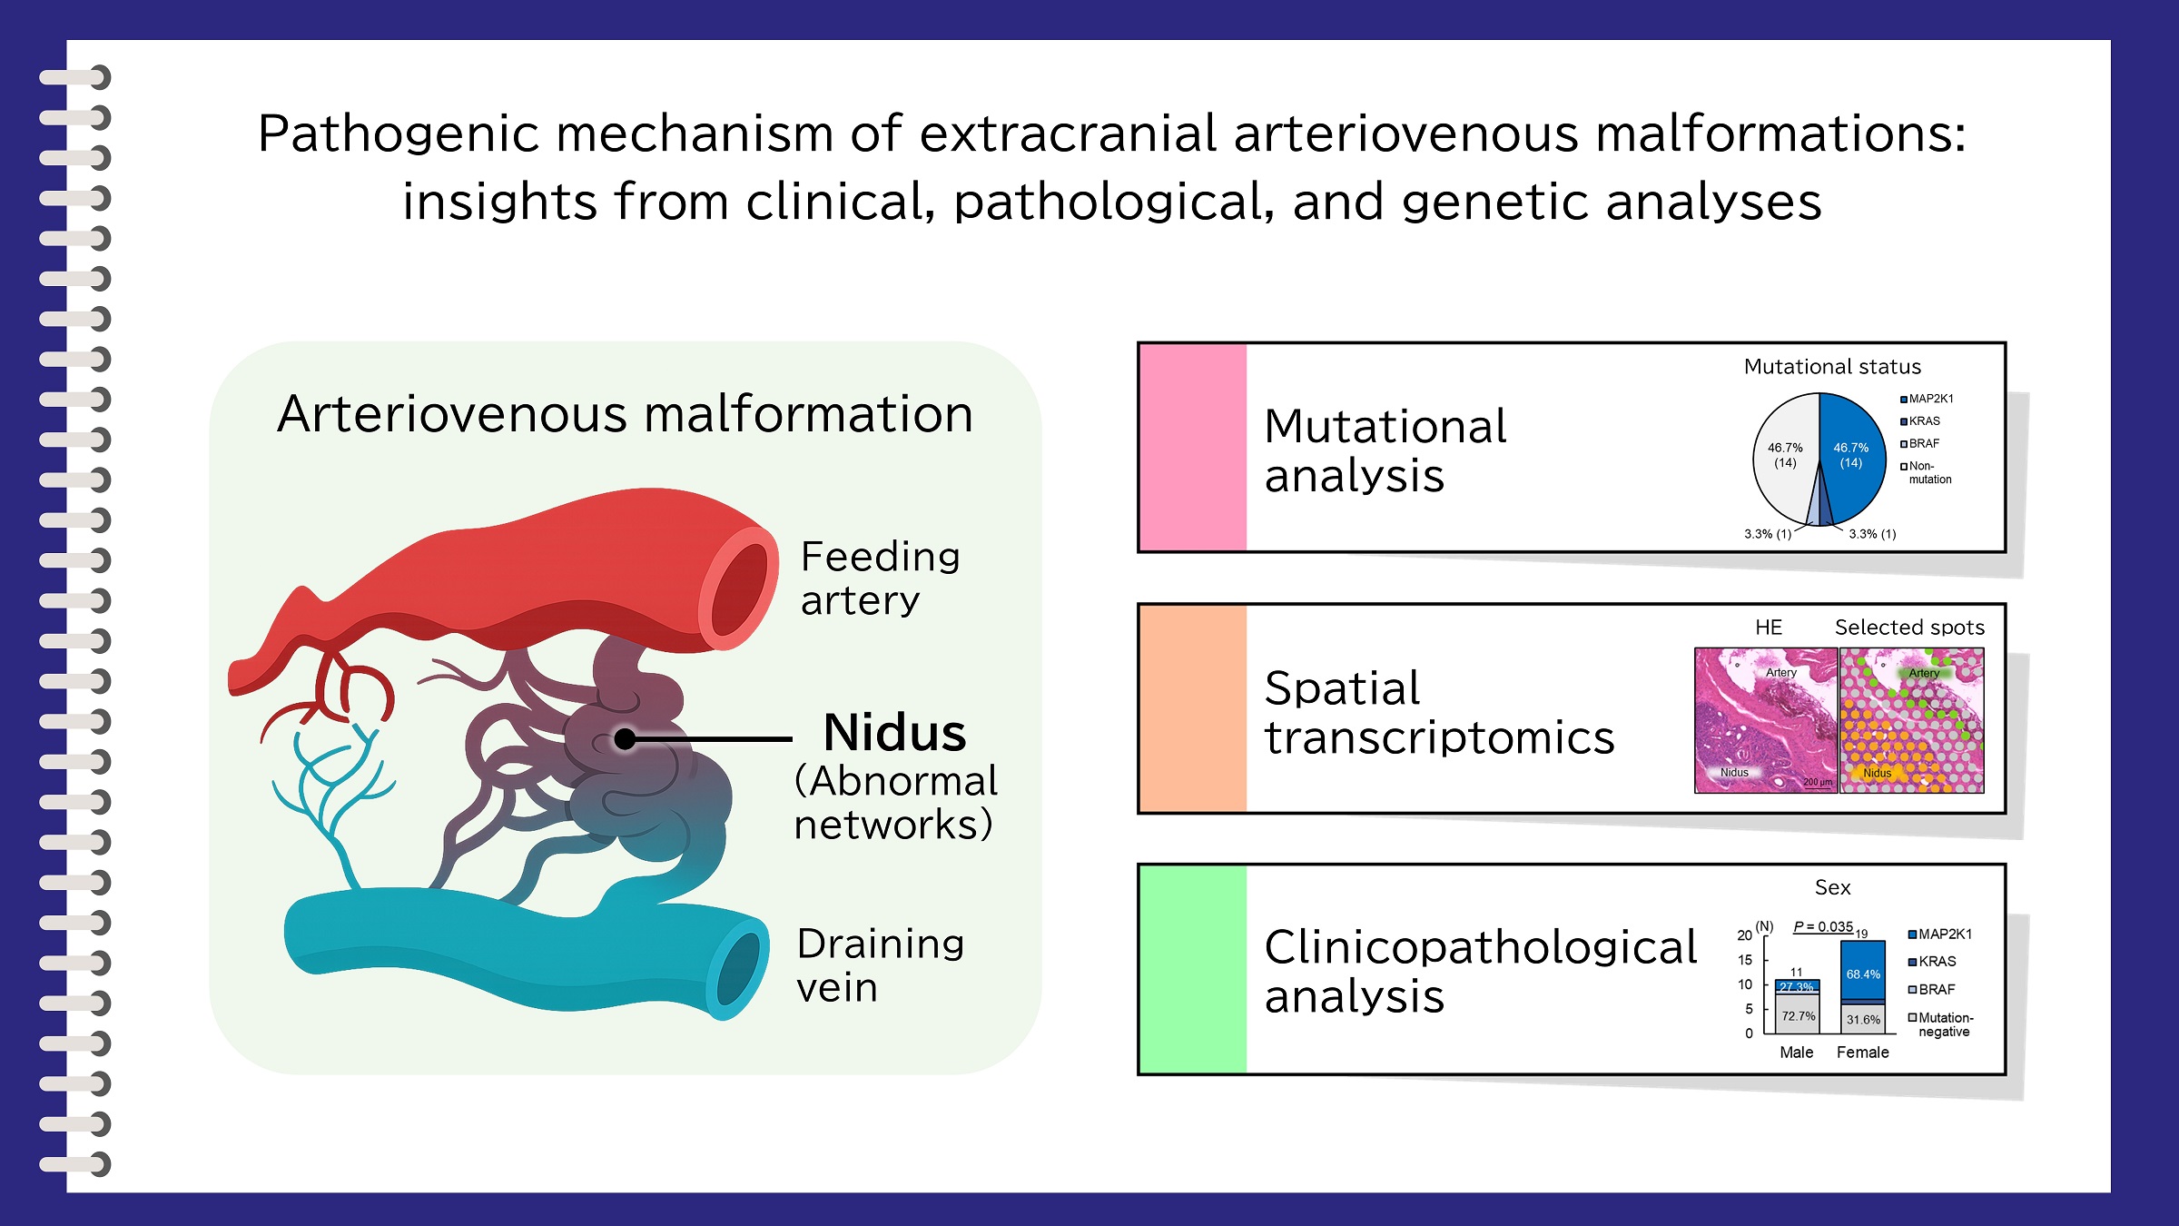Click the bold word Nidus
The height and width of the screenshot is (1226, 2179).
click(894, 733)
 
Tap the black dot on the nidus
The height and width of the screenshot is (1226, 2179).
click(625, 739)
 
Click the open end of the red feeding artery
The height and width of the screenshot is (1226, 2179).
click(739, 589)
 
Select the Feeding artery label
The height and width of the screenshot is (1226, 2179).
click(879, 578)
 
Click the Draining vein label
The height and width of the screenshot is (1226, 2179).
click(879, 965)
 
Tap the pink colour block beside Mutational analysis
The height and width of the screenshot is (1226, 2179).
click(1193, 448)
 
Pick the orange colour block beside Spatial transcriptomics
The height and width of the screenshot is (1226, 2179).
click(1193, 708)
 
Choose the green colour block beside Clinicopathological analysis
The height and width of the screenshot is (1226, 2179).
click(1193, 969)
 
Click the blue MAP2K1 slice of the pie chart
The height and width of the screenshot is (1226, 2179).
click(1852, 454)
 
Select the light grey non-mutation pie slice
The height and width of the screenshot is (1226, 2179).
click(1785, 454)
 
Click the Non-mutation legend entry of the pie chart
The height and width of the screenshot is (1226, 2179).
click(1927, 472)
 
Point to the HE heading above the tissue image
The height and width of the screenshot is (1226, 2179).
click(1768, 628)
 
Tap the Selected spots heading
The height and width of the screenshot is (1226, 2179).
click(1909, 628)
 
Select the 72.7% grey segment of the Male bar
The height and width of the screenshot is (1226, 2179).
click(1798, 1016)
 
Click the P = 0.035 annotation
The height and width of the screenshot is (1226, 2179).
click(1822, 927)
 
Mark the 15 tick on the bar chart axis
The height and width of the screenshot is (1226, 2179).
click(1745, 960)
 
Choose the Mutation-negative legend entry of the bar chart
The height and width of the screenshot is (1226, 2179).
click(1943, 1024)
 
